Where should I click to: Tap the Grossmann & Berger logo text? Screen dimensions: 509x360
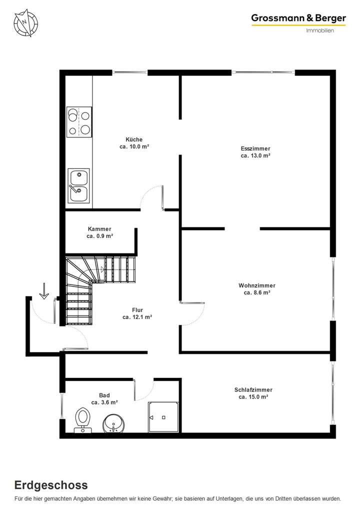(x=298, y=18)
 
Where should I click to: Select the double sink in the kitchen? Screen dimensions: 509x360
(x=79, y=185)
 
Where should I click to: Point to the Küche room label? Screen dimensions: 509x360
(x=134, y=139)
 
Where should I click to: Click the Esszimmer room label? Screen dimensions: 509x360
(x=255, y=148)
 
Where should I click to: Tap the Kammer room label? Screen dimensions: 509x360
(x=99, y=228)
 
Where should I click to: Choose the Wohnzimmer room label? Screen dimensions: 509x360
(x=257, y=285)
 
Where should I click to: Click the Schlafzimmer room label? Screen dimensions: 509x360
(x=253, y=390)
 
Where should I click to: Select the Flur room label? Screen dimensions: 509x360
(x=137, y=310)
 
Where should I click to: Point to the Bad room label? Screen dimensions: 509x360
(x=104, y=395)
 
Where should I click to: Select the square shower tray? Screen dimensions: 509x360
(x=162, y=417)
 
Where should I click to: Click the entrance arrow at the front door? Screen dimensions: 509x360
(x=43, y=291)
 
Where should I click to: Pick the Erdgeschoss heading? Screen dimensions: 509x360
(x=51, y=485)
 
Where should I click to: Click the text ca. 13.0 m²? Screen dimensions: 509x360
(x=255, y=155)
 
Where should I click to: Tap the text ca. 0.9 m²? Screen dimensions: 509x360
(x=99, y=235)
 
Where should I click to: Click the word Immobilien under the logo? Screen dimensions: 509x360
(x=319, y=30)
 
